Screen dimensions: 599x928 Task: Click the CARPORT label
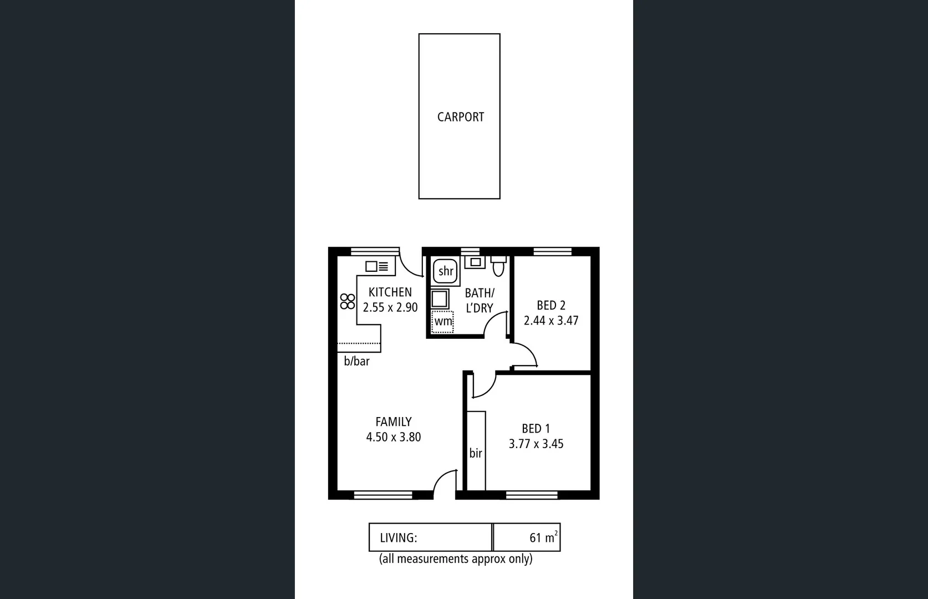click(460, 117)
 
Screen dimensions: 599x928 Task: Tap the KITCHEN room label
click(390, 292)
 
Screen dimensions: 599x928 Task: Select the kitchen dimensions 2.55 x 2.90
click(390, 307)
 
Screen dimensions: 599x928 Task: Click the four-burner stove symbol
click(348, 302)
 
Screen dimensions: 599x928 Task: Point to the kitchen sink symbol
click(377, 267)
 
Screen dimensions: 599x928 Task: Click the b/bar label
click(356, 362)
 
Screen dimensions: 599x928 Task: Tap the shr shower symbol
click(445, 271)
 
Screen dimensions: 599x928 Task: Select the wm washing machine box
click(442, 322)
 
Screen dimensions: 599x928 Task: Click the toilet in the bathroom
click(498, 267)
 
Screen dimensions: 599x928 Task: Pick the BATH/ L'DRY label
click(480, 300)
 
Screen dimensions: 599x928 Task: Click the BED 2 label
click(551, 306)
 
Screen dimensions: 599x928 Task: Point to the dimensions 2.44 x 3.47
click(551, 321)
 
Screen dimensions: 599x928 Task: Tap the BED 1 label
click(536, 429)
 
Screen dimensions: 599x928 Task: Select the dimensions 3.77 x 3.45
click(536, 444)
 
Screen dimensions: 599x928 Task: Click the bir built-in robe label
click(476, 453)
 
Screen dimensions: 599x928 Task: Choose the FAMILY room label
click(393, 422)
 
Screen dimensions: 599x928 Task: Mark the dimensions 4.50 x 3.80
click(393, 437)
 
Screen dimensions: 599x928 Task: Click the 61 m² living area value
click(542, 537)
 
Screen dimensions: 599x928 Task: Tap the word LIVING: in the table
click(398, 538)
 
